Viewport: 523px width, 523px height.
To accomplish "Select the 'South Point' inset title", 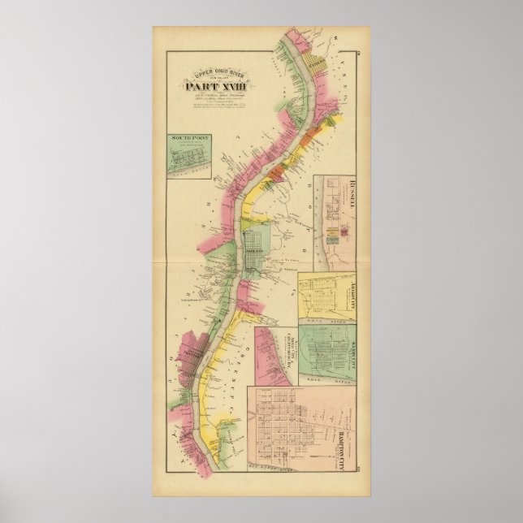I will [x=185, y=140].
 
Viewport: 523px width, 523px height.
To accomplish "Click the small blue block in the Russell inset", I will [x=333, y=240].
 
